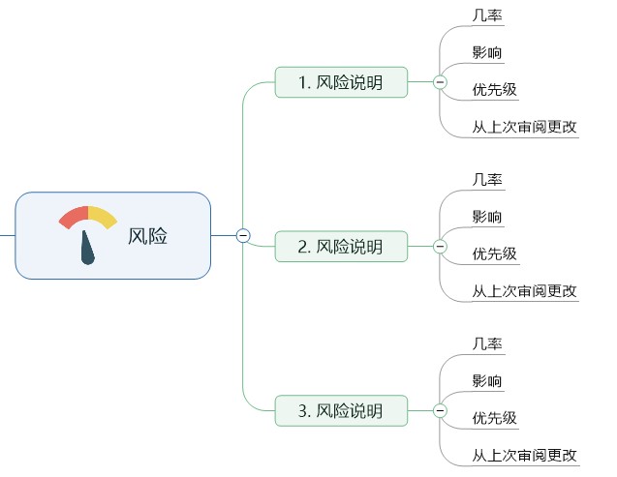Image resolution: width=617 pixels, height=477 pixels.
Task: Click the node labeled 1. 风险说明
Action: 341,82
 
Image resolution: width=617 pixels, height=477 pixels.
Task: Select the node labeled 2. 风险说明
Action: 341,247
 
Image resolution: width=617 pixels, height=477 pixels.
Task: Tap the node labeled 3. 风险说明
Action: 341,410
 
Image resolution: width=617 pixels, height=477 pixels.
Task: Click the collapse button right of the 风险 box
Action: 243,235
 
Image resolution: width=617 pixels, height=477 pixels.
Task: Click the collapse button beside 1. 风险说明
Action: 440,83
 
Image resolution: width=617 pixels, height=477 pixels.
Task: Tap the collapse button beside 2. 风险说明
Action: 440,247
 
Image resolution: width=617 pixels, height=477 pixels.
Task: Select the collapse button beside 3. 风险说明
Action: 440,411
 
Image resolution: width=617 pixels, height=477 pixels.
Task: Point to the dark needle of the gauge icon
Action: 88,249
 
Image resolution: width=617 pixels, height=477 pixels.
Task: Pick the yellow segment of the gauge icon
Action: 103,217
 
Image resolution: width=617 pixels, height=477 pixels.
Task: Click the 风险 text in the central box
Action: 147,236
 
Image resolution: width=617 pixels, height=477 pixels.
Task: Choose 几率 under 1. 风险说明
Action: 487,15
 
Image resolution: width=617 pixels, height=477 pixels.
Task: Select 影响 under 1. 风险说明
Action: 487,52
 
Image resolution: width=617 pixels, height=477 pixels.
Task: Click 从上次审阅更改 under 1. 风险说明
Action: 524,127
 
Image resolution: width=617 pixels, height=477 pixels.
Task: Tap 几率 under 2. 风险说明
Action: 487,179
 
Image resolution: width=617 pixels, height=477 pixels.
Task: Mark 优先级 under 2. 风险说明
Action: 494,254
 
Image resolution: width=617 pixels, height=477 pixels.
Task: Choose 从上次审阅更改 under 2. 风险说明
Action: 524,291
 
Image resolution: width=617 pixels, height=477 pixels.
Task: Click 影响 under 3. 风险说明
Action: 487,380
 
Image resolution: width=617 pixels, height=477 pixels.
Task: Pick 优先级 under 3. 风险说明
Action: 494,418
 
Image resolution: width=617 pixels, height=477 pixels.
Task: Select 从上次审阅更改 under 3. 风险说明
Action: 524,455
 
